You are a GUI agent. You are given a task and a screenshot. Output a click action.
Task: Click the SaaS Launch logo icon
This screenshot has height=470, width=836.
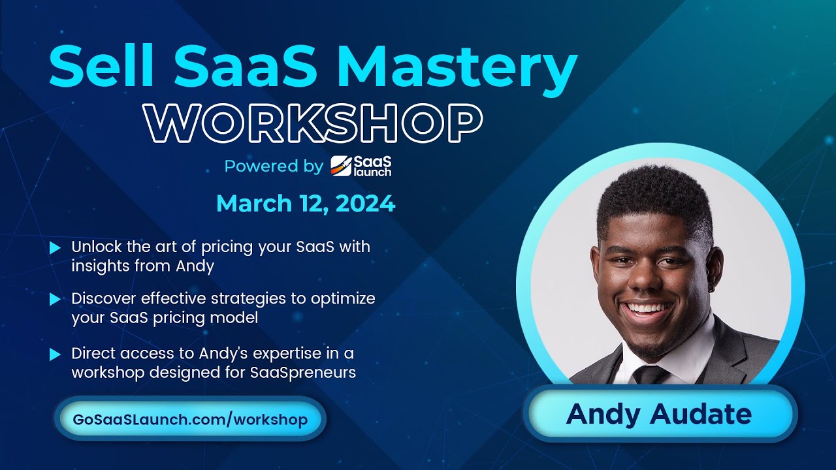pos(341,166)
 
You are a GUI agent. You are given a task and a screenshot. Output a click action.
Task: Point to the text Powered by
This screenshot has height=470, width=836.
pos(274,166)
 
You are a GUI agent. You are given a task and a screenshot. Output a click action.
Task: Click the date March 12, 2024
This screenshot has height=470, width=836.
pos(306,204)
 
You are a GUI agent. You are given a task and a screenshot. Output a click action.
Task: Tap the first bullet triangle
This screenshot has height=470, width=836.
pos(56,248)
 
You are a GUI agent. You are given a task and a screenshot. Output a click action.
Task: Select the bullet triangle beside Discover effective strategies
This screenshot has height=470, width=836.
pos(56,299)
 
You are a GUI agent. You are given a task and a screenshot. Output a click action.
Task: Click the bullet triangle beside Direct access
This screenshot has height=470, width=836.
pos(56,354)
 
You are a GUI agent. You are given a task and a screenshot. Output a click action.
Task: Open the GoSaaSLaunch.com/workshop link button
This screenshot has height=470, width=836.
pos(191,418)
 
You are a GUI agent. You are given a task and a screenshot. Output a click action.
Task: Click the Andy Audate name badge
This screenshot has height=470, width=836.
pos(660,415)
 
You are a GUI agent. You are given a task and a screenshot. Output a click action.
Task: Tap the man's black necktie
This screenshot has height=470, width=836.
pos(651,375)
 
